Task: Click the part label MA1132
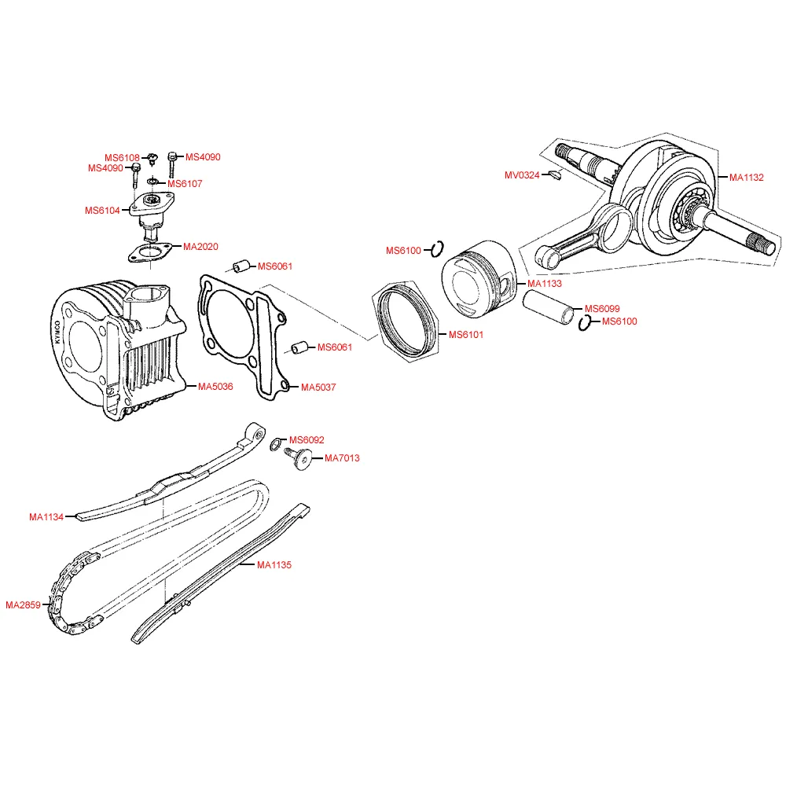coord(746,178)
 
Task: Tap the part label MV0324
coord(522,174)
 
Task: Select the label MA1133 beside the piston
coord(545,283)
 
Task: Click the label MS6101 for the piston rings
coord(466,335)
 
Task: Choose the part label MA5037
coord(318,387)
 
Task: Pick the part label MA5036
coord(215,387)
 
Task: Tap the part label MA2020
coord(200,246)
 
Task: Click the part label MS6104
coord(102,211)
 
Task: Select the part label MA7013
coord(342,458)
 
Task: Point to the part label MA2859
coord(23,605)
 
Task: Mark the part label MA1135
coord(274,565)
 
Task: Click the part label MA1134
coord(46,517)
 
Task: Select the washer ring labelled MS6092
coord(274,446)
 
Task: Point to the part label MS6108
coord(123,157)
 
